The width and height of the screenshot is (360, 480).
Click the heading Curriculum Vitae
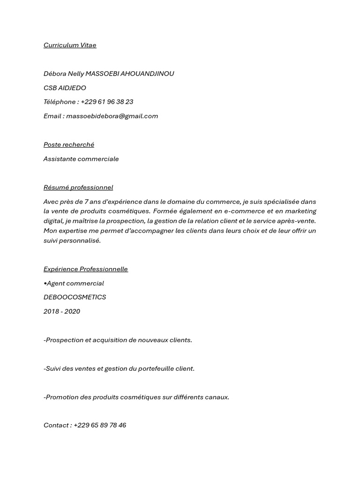70,45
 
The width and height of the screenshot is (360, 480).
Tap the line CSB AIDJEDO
65,88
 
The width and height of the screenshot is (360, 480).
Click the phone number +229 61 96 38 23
107,102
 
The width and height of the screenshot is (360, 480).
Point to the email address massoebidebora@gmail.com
112,116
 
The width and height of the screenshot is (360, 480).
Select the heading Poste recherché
69,145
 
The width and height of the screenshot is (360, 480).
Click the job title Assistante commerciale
81,159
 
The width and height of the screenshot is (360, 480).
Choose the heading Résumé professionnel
78,187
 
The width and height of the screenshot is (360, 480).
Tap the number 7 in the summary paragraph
86,202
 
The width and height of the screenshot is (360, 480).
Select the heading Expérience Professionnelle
86,269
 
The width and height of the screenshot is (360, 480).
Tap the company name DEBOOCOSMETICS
75,297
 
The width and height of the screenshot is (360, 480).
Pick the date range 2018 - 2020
62,311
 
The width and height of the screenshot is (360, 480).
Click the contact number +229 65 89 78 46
100,426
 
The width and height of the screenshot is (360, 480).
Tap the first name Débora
55,74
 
